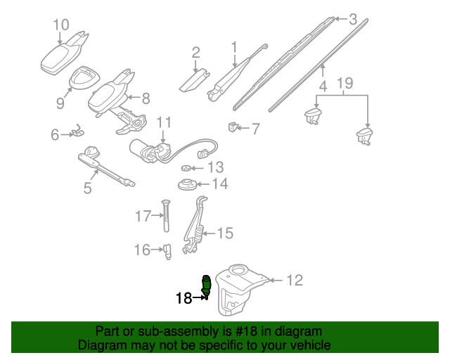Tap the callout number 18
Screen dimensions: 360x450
click(183, 298)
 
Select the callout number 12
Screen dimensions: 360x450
click(294, 281)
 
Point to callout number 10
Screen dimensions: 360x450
click(61, 25)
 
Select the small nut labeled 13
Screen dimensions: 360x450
click(186, 167)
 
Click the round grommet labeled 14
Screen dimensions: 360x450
click(187, 186)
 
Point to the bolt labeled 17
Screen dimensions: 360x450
click(167, 217)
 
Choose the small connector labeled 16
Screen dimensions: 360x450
click(168, 250)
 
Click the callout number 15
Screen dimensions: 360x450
click(224, 233)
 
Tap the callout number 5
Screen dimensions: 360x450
click(87, 188)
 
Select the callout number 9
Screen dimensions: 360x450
click(60, 103)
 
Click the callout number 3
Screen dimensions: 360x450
click(353, 19)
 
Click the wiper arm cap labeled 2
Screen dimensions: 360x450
click(195, 78)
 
